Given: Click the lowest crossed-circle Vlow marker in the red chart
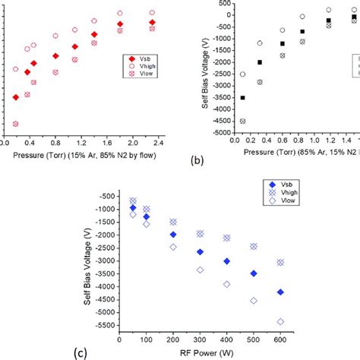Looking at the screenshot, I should point(15,124).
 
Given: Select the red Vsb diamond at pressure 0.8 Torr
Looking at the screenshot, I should point(55,55).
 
